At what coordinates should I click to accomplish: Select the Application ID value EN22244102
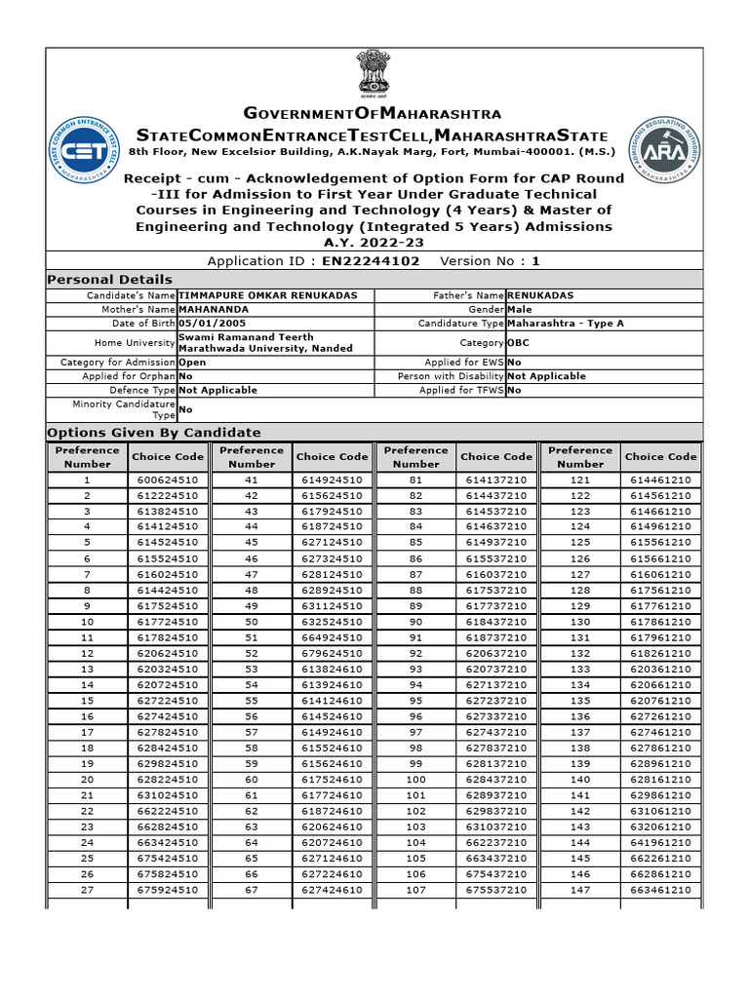pyautogui.click(x=372, y=261)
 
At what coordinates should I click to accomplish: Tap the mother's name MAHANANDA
pyautogui.click(x=214, y=309)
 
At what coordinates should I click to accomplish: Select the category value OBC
pyautogui.click(x=519, y=343)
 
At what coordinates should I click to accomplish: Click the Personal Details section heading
pyautogui.click(x=110, y=280)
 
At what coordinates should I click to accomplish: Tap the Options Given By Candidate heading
pyautogui.click(x=154, y=433)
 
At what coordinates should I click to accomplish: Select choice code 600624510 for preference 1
pyautogui.click(x=168, y=480)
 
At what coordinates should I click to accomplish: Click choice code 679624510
pyautogui.click(x=332, y=653)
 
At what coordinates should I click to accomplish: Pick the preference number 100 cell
pyautogui.click(x=415, y=780)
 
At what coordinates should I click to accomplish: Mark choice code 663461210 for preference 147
pyautogui.click(x=660, y=890)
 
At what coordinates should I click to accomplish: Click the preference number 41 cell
pyautogui.click(x=252, y=480)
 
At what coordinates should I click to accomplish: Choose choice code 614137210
pyautogui.click(x=496, y=480)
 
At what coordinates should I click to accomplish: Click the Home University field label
pyautogui.click(x=135, y=343)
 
